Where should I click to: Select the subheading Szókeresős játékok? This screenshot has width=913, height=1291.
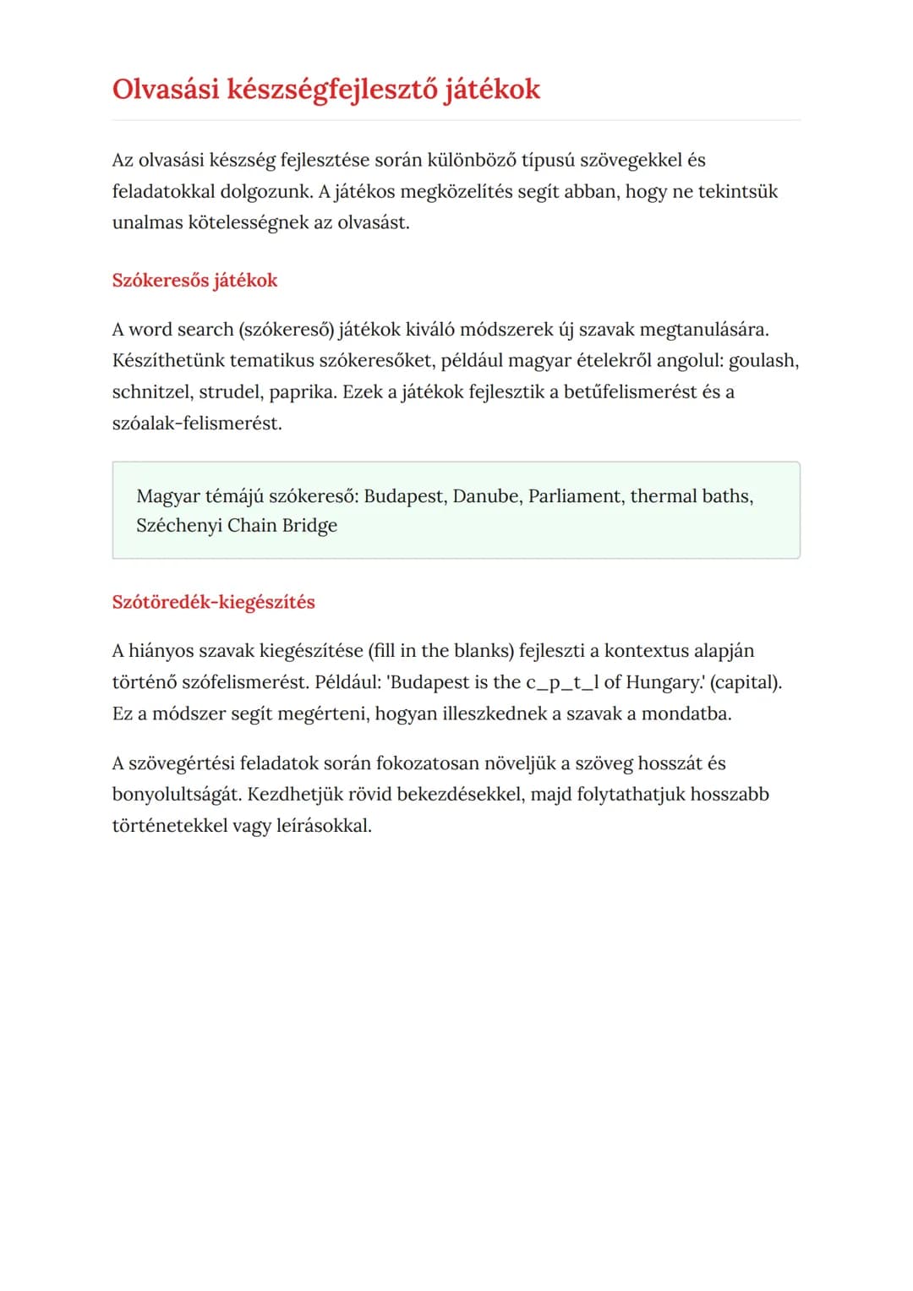[194, 281]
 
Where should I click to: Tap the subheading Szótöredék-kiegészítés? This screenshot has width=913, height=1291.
[213, 602]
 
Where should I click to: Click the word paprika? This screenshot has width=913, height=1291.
[303, 392]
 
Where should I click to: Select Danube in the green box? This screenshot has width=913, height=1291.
[486, 496]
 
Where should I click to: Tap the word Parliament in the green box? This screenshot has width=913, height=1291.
[575, 496]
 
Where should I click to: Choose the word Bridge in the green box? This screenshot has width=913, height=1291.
[309, 526]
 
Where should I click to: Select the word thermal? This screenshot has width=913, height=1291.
[664, 496]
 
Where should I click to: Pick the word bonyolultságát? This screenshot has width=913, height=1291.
[177, 795]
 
